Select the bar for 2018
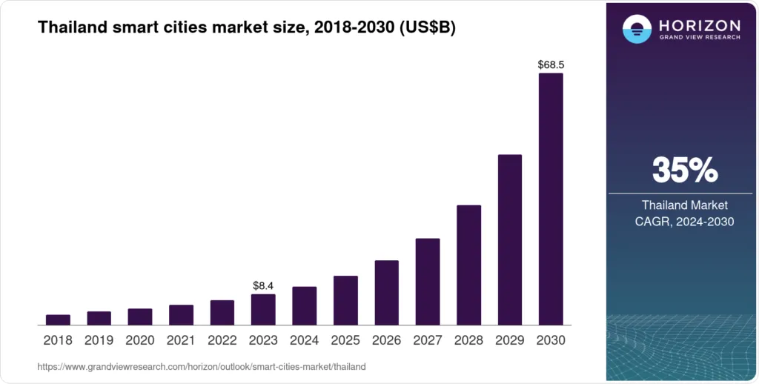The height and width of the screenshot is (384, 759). point(58,320)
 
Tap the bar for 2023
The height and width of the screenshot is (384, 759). point(263,309)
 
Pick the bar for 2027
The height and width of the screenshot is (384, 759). point(428,282)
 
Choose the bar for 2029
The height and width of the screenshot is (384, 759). point(510,239)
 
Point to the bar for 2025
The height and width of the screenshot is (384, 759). point(345,300)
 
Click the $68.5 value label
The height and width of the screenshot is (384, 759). point(551,65)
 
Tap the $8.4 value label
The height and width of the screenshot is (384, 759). point(263,285)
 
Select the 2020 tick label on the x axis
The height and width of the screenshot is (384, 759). point(140,340)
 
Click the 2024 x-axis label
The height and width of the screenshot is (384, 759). point(304,340)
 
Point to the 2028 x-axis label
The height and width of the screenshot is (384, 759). point(468,340)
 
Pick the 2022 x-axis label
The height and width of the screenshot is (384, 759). point(222,340)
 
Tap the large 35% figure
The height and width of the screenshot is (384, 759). point(685,171)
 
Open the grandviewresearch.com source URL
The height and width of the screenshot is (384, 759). point(202,367)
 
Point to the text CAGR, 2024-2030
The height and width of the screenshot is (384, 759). point(685,220)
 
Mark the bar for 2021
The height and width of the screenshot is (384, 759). point(181,315)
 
